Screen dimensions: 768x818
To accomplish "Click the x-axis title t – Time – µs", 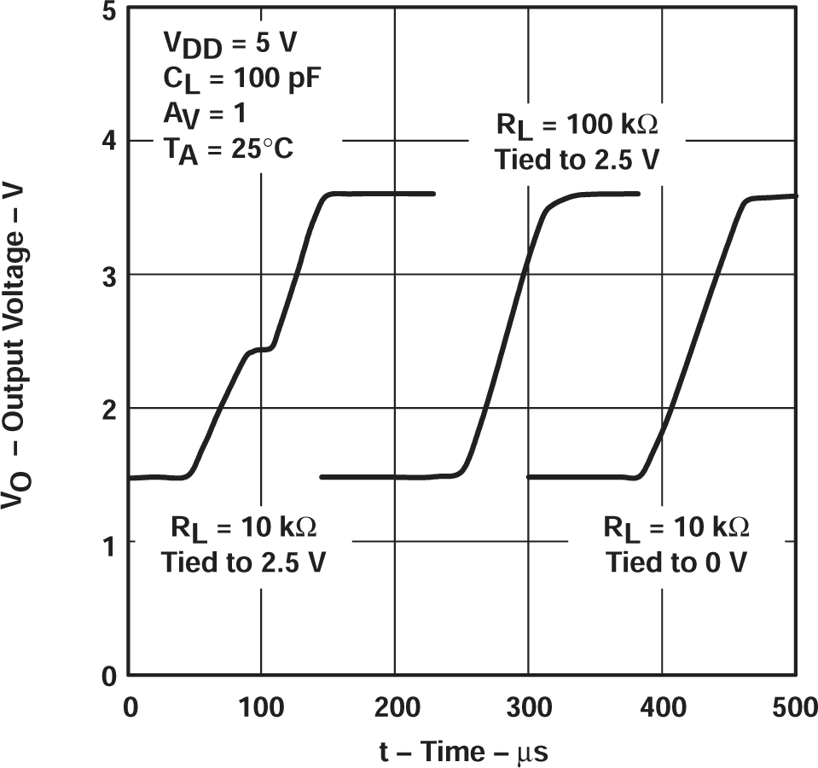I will (463, 753).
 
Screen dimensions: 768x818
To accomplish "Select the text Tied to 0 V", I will (676, 561).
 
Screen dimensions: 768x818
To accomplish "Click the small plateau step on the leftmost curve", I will (259, 349).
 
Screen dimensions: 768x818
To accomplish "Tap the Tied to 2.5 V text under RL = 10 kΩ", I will (242, 561).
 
